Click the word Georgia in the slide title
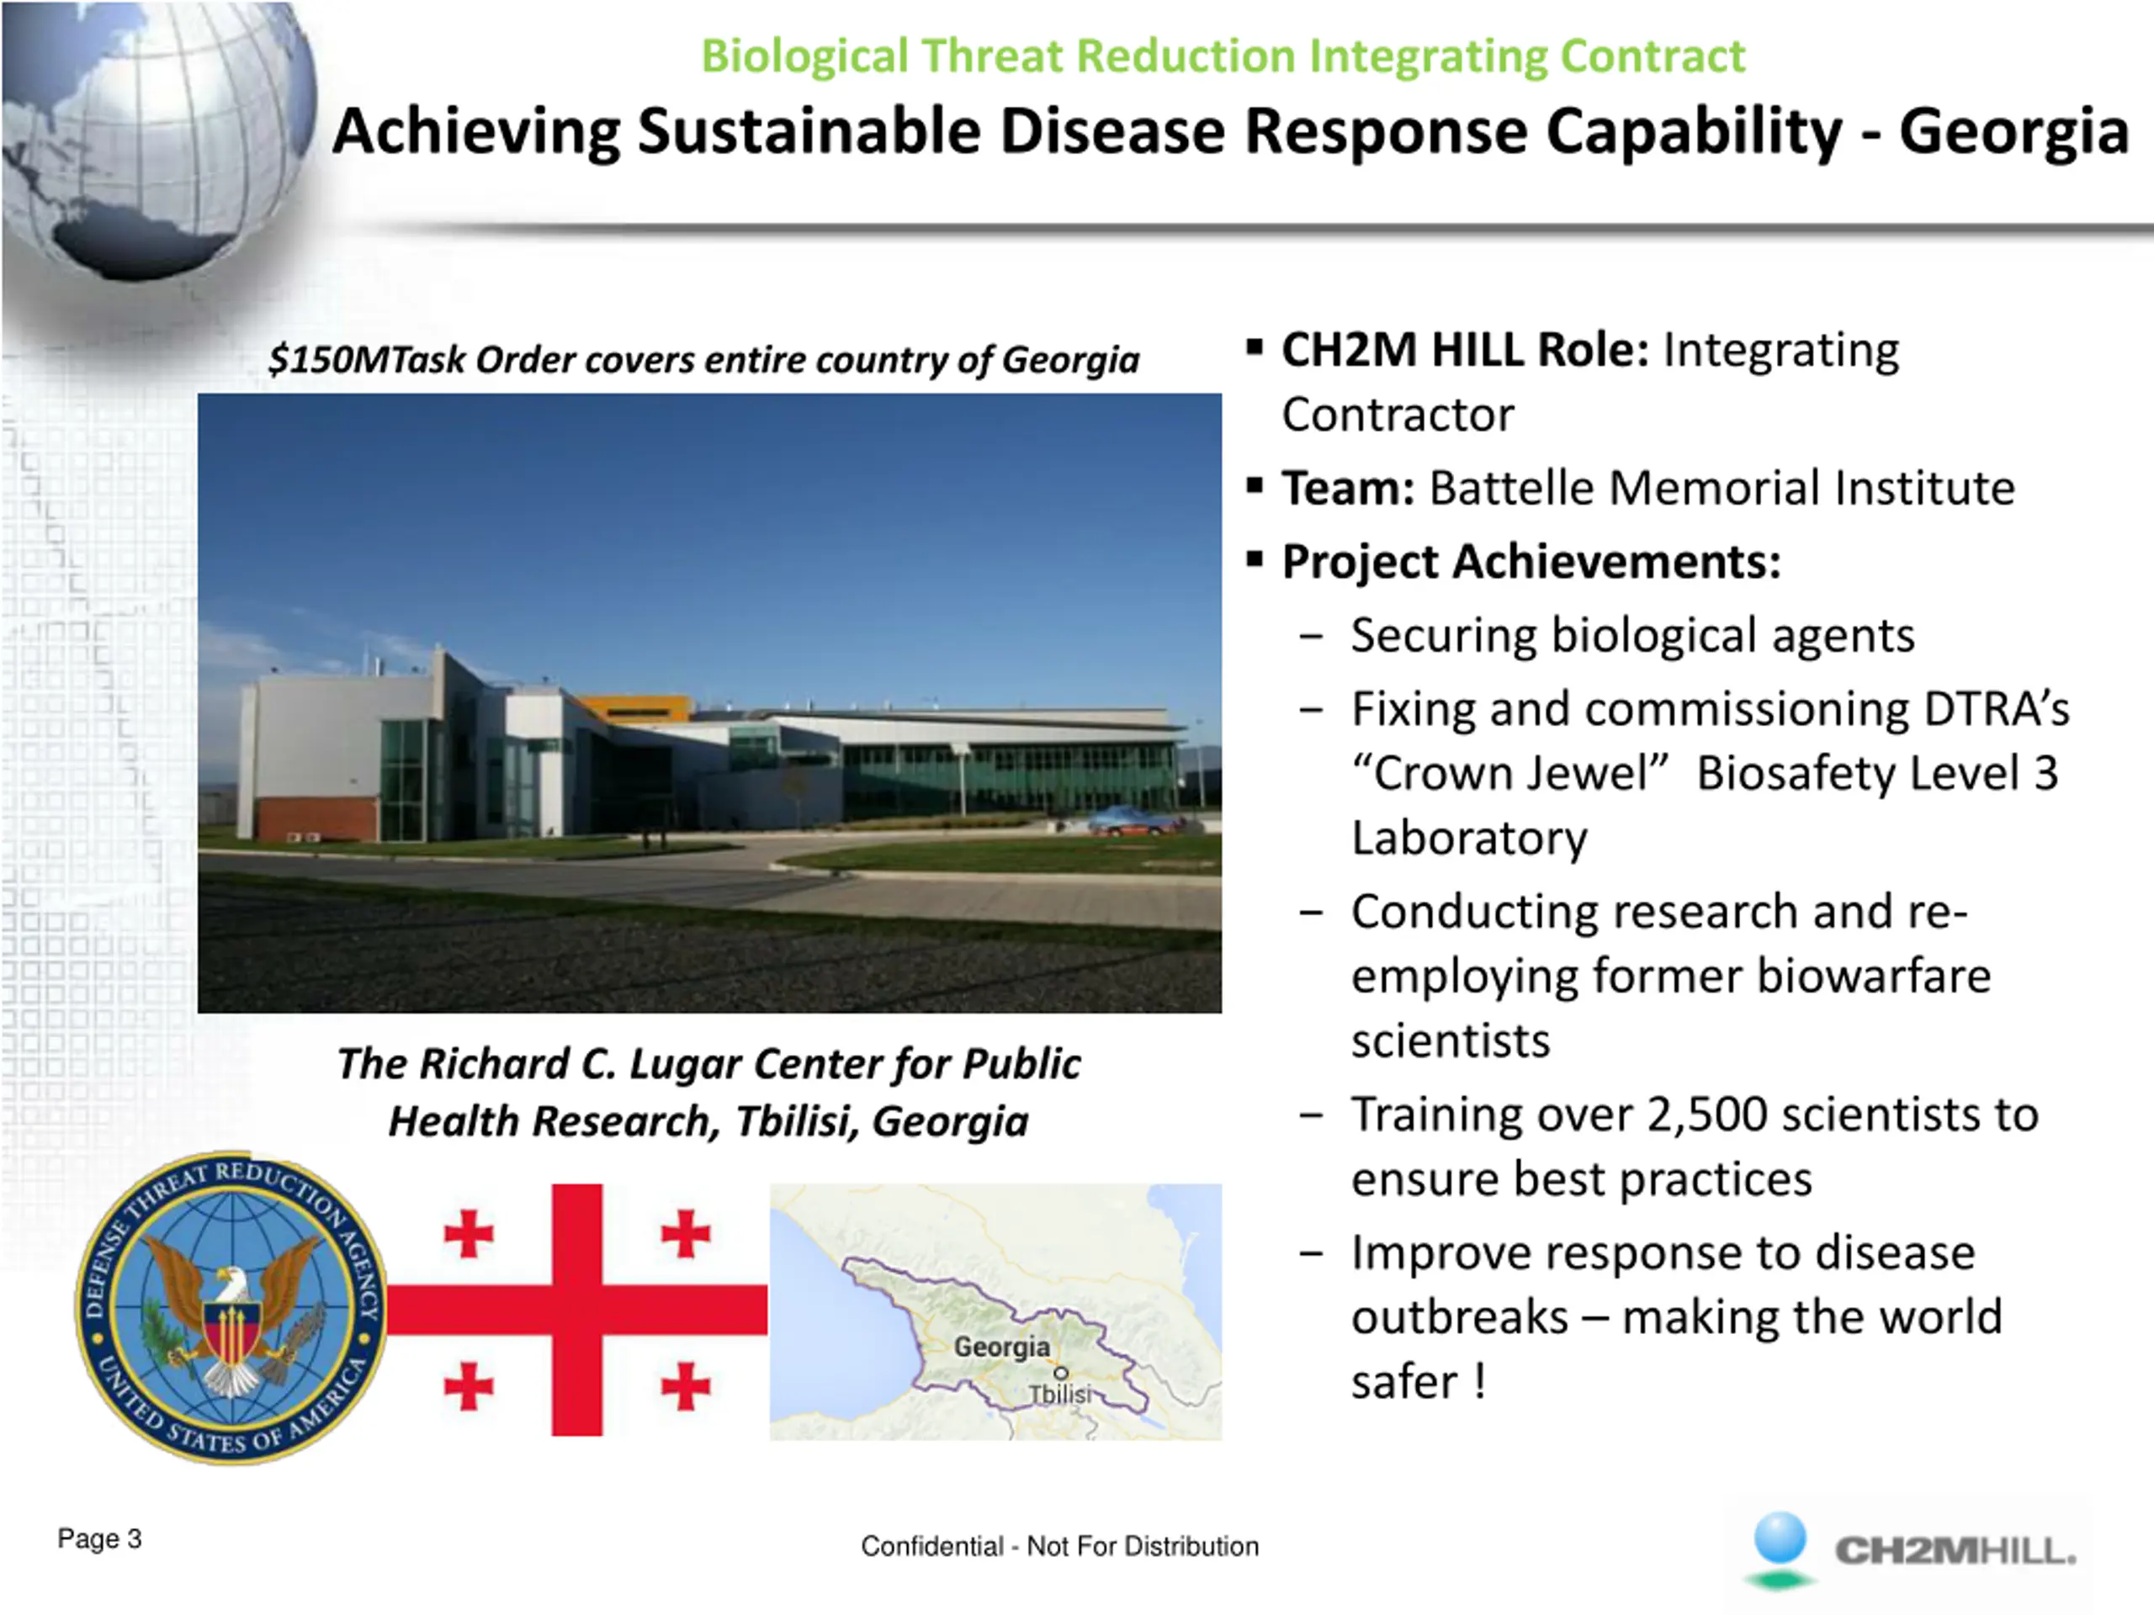(2013, 132)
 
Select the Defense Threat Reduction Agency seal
(231, 1307)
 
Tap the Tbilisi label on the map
(1060, 1394)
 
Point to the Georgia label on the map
(1002, 1347)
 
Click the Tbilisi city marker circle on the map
(1060, 1373)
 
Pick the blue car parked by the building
(1129, 821)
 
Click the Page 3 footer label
(99, 1539)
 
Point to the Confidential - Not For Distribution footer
(1059, 1546)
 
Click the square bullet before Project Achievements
(1255, 559)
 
